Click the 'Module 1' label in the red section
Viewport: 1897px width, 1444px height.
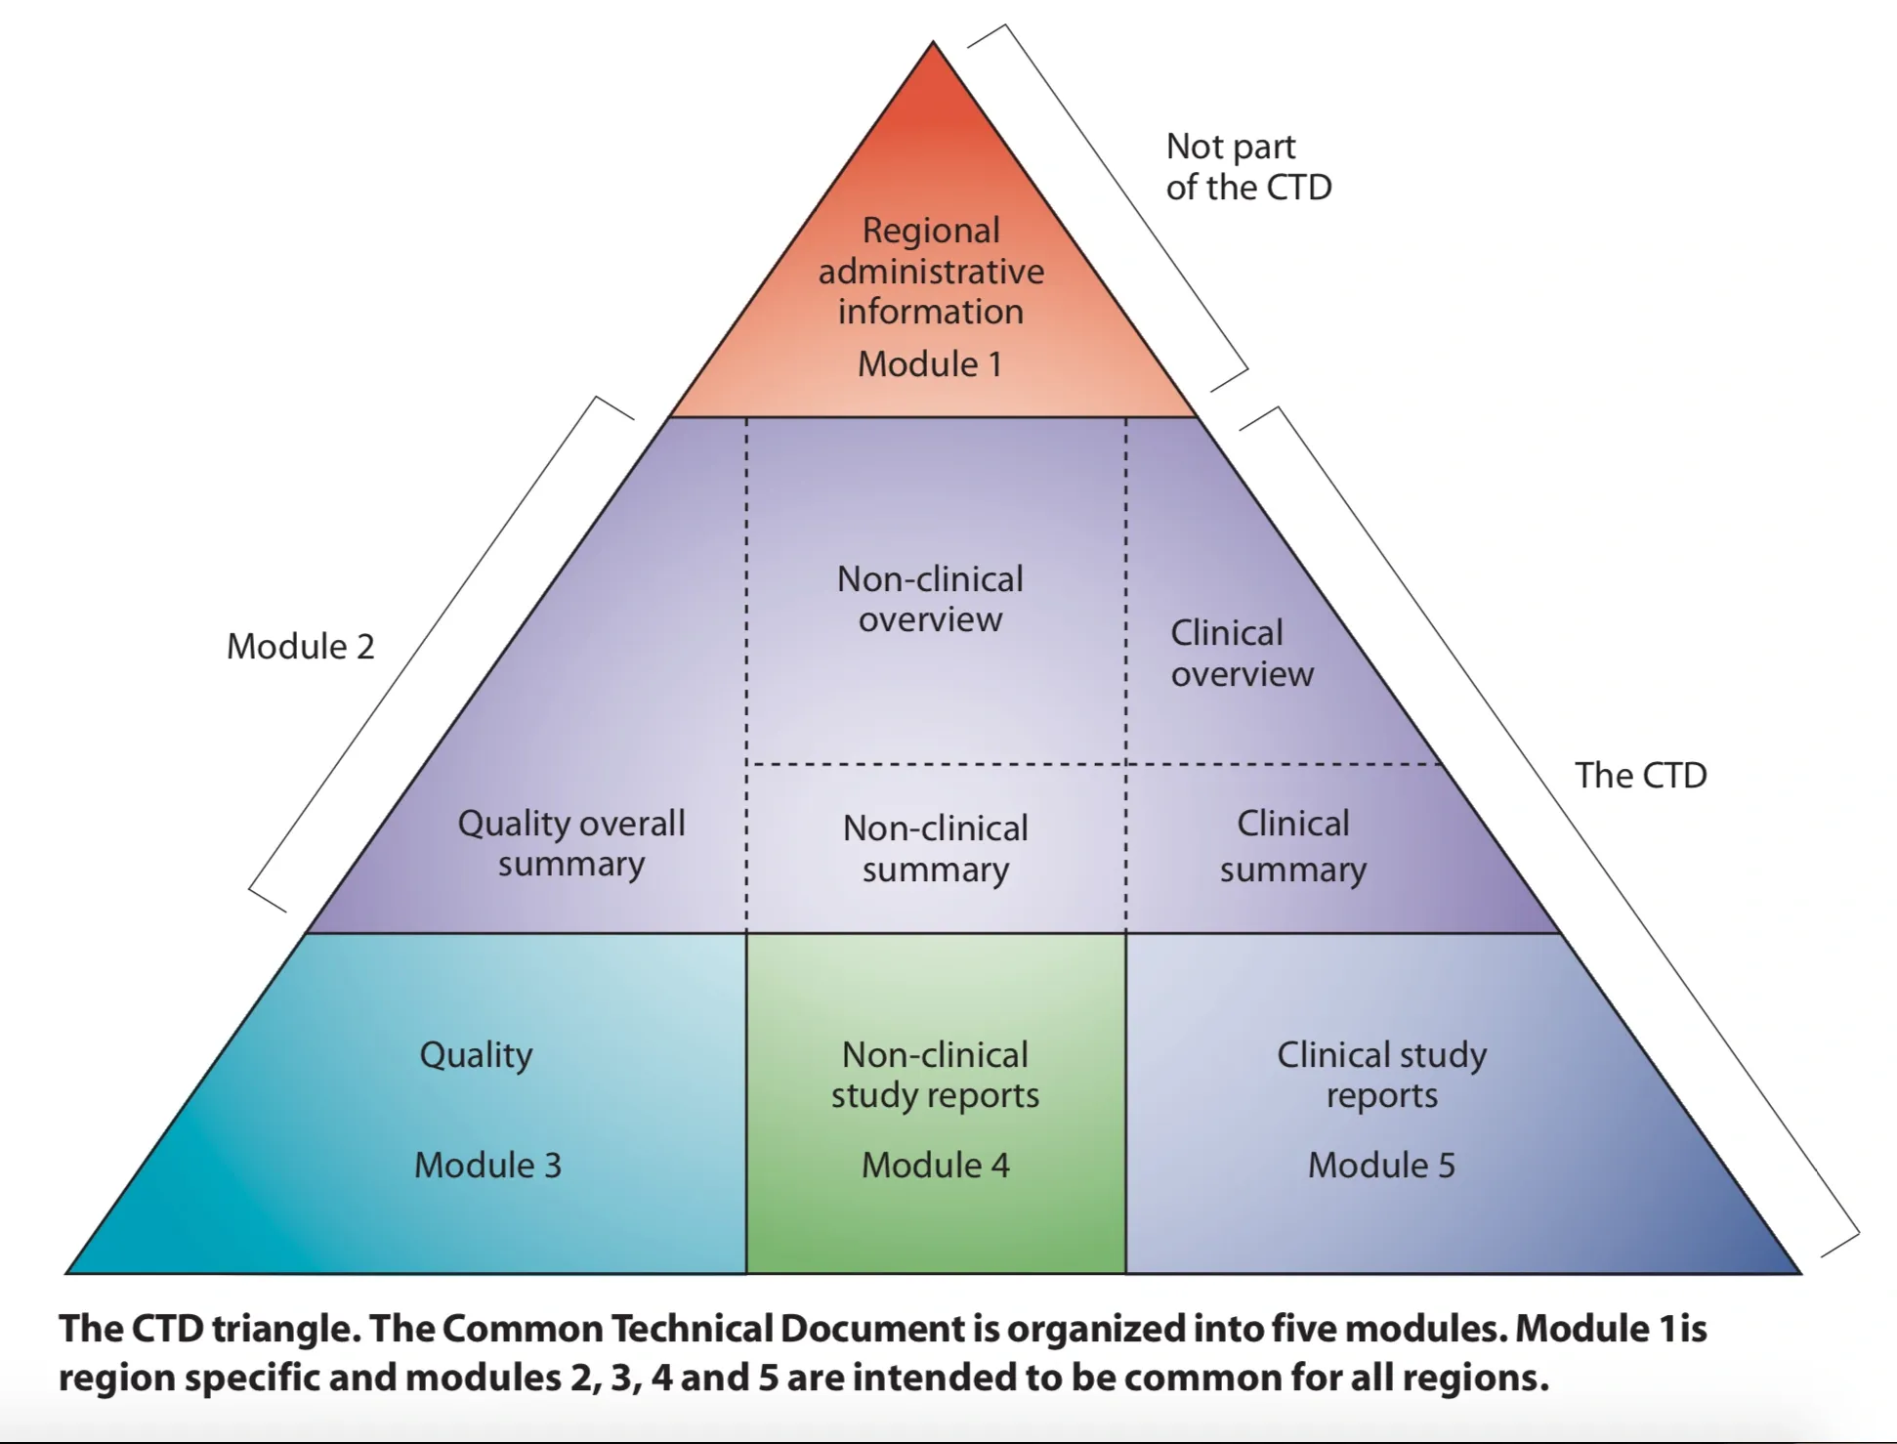pos(930,364)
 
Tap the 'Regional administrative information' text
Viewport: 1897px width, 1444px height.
pos(931,271)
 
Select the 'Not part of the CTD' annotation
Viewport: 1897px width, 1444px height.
pos(1247,167)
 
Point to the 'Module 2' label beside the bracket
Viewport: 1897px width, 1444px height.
pos(301,647)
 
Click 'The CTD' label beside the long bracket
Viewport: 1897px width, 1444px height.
pos(1640,775)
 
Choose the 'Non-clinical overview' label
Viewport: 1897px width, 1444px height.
pos(930,599)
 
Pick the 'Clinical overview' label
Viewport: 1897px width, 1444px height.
pos(1242,654)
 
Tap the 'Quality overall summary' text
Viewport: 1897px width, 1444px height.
pos(571,843)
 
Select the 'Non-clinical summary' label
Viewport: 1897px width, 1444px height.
pos(935,848)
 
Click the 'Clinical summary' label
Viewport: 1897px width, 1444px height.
pos(1292,846)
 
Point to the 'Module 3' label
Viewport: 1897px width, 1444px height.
pos(487,1165)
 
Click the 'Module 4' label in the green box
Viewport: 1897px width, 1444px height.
pos(935,1165)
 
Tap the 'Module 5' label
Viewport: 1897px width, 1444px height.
pos(1381,1165)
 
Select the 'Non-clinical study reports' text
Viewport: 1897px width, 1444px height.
pos(935,1075)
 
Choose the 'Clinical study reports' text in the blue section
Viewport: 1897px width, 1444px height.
pos(1381,1075)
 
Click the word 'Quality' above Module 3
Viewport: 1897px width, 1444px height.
pos(476,1055)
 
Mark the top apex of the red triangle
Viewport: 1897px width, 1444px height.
pos(933,44)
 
